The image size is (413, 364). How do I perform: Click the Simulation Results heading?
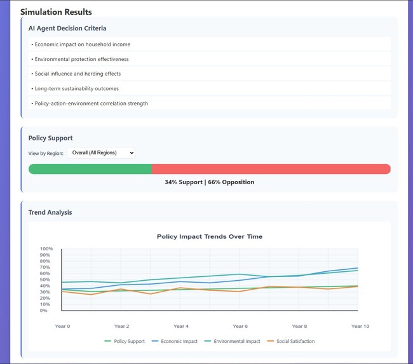pos(56,12)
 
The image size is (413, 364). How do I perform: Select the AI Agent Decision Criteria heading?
pos(67,29)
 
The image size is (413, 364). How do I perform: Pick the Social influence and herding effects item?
pos(77,74)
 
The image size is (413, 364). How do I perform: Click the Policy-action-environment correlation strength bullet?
pos(90,103)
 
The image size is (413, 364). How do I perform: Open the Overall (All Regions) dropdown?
pos(100,152)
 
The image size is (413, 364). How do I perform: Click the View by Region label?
pos(46,153)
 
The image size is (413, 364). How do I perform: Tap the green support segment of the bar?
pos(90,169)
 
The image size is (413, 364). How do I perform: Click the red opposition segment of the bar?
pos(271,169)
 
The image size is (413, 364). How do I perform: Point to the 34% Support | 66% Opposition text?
pos(209,182)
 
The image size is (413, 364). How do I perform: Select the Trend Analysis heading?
pos(50,212)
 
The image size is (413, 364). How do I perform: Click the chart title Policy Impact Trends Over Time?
pos(209,236)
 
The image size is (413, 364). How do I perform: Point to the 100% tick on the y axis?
pos(46,249)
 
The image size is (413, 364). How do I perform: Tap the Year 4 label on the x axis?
pos(180,326)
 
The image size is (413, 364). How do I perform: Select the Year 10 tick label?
pos(360,326)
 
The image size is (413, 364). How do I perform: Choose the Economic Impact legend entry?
pos(176,341)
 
